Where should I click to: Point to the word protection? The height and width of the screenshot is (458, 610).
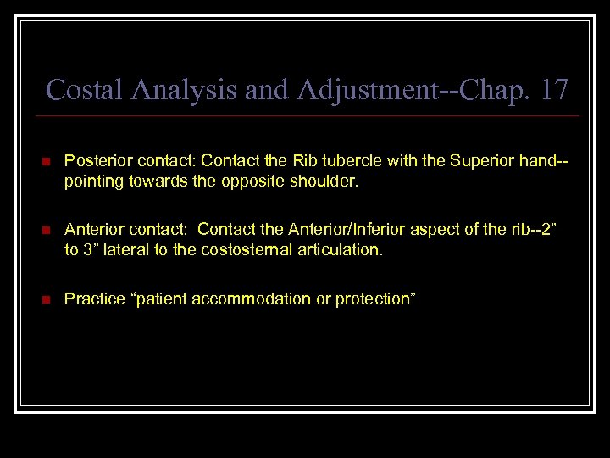374,299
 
